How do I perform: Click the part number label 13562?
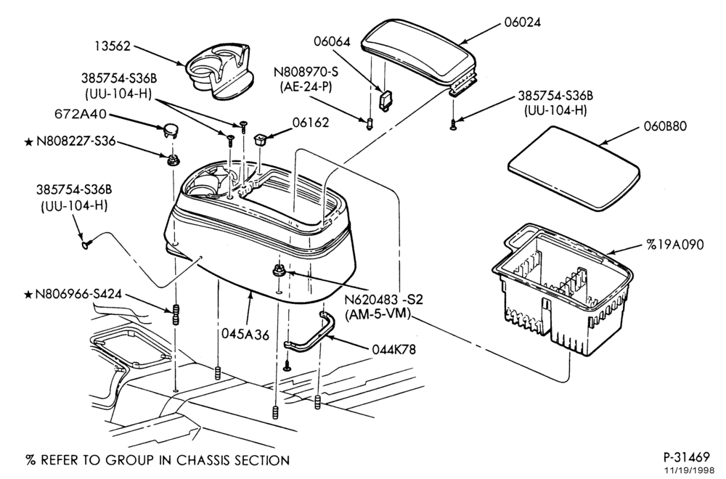[x=113, y=46]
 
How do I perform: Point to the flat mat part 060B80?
[x=574, y=167]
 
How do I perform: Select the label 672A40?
[x=81, y=114]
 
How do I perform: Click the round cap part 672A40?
[x=171, y=131]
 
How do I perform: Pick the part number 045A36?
[x=245, y=334]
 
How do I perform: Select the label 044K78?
[x=394, y=349]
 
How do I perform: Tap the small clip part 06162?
[x=261, y=139]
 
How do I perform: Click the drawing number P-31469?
[x=687, y=457]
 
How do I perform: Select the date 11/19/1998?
[x=692, y=470]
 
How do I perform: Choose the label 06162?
[x=310, y=123]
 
